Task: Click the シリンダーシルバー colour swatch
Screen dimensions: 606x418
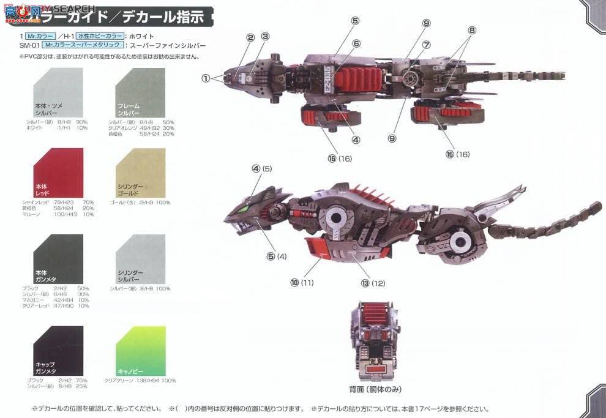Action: (140, 259)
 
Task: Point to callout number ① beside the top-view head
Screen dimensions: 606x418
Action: (206, 78)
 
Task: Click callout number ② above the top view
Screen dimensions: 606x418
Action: (250, 37)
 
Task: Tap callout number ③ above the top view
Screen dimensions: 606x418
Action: (265, 37)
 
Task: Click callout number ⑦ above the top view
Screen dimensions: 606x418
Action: (426, 45)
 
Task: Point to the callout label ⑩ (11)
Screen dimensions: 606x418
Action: (302, 283)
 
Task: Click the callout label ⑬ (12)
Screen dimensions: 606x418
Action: (373, 283)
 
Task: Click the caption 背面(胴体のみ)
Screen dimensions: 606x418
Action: (375, 389)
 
